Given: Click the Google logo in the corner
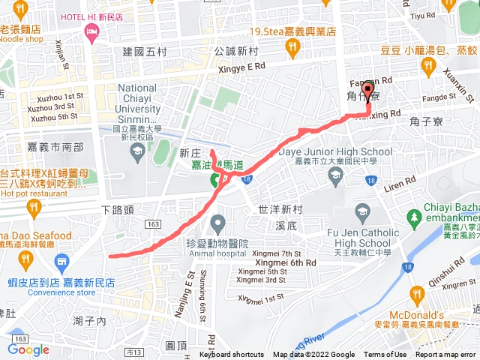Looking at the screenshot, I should click(28, 349).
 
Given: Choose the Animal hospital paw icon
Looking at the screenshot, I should click(217, 223).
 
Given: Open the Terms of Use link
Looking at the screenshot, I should click(385, 355).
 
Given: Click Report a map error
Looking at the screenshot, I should click(447, 355).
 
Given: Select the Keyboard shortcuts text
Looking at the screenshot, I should click(231, 355).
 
